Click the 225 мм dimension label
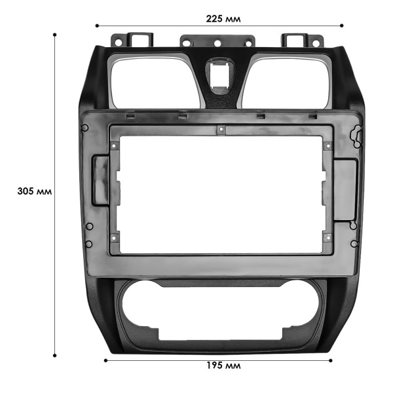[223, 19]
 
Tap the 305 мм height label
[35, 192]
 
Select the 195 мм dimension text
[223, 365]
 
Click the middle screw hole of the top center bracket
[217, 45]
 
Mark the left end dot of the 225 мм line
[98, 26]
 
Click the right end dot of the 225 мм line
[341, 26]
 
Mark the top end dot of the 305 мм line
[54, 34]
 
